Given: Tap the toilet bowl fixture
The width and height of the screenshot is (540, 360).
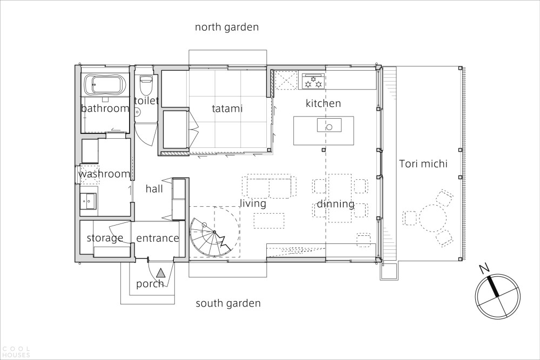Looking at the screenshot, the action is click(145, 85).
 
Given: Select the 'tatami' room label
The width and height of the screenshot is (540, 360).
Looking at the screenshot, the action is click(227, 109).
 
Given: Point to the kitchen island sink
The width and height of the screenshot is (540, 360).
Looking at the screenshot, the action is click(329, 125).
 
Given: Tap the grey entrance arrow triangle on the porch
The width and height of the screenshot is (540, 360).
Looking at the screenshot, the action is click(160, 273).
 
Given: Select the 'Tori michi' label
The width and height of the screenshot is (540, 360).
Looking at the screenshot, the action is click(423, 164).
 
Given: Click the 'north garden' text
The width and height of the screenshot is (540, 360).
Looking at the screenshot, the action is click(227, 27).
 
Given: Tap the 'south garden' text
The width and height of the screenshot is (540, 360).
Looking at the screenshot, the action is click(228, 303).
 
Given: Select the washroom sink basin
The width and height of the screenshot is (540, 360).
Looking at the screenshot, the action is click(89, 201).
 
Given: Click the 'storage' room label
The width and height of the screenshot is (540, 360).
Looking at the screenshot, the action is click(105, 238).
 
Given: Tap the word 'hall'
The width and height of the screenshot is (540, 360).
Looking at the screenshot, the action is click(154, 188).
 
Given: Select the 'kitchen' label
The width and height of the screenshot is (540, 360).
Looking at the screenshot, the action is click(323, 103).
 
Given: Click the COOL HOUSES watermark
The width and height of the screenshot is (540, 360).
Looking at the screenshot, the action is click(16, 352).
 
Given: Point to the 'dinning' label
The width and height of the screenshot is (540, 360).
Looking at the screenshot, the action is click(335, 204).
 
